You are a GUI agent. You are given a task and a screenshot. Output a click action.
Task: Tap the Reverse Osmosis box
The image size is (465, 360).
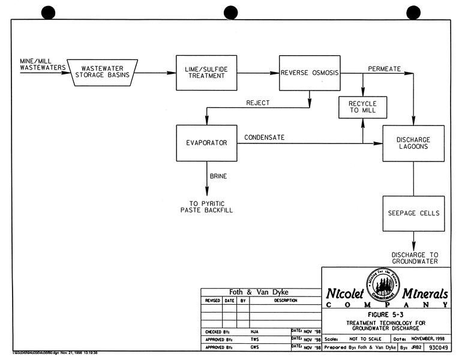pos(310,73)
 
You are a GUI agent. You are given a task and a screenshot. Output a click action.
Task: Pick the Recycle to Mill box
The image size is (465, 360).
pos(362,107)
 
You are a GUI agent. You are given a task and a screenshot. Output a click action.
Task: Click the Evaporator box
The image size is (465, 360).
pos(205,143)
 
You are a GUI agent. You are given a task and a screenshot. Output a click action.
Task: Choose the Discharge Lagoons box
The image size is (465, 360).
pos(413,143)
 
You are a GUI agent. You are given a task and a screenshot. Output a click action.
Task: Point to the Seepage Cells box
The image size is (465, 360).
pos(413,213)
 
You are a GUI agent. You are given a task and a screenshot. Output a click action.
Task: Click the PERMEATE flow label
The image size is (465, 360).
pos(383,68)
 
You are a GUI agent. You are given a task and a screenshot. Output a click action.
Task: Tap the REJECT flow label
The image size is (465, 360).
pos(257,103)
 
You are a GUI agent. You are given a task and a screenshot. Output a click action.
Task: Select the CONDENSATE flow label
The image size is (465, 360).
pos(264,137)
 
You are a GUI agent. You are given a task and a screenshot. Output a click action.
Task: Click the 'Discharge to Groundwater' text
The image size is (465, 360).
pos(413,257)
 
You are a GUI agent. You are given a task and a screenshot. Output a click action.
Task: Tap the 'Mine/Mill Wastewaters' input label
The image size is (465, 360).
pos(41,64)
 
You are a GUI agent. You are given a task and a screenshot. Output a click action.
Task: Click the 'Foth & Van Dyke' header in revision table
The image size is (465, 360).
pos(254,292)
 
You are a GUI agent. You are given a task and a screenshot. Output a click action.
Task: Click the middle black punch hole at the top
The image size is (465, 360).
pos(231,12)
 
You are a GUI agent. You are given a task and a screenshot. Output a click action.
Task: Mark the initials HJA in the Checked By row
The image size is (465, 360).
pos(255,331)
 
